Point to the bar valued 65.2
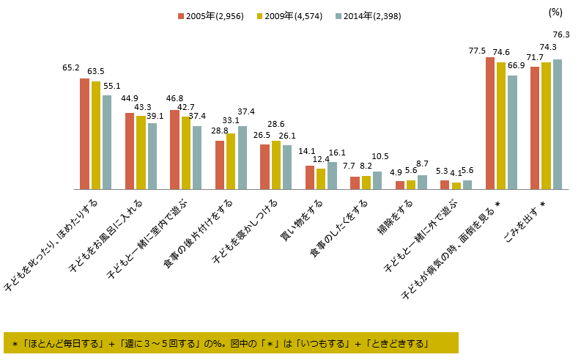[84, 133]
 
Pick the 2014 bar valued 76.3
[558, 124]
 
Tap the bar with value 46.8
[174, 150]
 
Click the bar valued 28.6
[275, 165]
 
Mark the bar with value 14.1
[310, 177]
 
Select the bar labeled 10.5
[377, 180]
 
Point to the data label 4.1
[456, 173]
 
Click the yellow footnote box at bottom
[231, 342]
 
